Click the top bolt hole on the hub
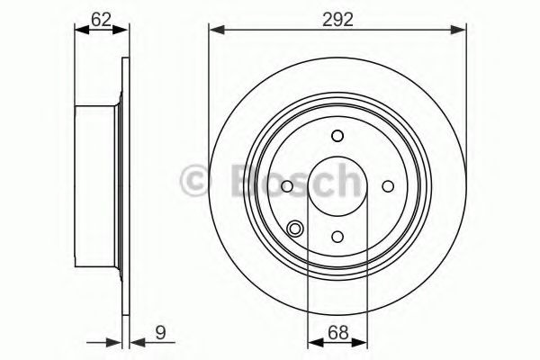[x=337, y=136]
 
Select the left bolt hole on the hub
[x=286, y=186]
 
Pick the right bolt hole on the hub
[x=388, y=186]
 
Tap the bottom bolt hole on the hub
[x=337, y=237]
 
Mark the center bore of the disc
[x=337, y=186]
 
